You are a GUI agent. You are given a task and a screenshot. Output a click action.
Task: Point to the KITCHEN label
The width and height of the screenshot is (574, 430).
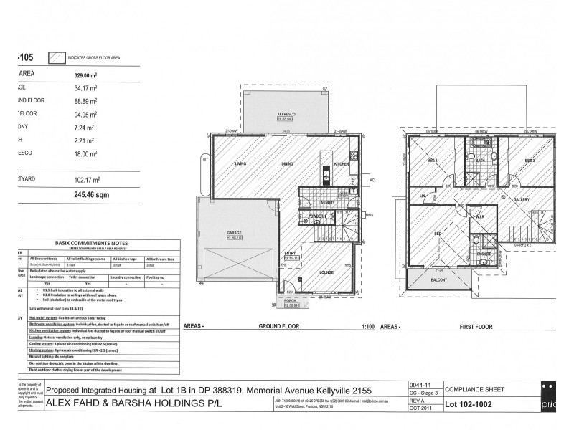tap(342, 165)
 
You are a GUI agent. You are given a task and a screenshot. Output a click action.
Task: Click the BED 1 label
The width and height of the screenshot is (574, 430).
tap(438, 234)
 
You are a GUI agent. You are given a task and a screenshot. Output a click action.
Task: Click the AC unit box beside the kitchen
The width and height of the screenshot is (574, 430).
tap(372, 180)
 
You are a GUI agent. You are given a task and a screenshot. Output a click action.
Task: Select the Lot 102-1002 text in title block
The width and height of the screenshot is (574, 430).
tap(474, 404)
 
